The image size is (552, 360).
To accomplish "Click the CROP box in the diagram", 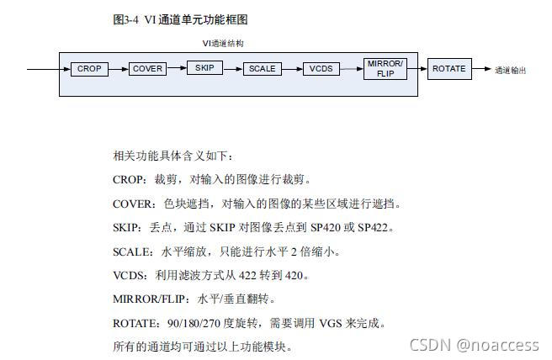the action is (x=89, y=69).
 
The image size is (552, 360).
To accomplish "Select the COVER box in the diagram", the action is (x=148, y=69).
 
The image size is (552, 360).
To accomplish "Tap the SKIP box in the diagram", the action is (x=204, y=68).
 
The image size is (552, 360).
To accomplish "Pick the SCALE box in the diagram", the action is (x=262, y=69).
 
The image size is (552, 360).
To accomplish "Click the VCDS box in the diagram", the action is (x=321, y=69).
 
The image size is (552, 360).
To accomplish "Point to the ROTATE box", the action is (x=448, y=69).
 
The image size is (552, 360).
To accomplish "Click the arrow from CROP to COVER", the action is (x=119, y=69).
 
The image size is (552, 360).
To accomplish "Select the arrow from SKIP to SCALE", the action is (x=233, y=69).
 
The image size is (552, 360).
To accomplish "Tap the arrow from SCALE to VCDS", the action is (x=291, y=69).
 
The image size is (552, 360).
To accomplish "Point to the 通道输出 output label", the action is (x=510, y=70).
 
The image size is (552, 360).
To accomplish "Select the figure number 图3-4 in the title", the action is (x=126, y=19).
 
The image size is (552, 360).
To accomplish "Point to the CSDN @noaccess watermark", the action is (x=474, y=345).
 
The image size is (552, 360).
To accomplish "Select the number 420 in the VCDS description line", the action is (x=296, y=275).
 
